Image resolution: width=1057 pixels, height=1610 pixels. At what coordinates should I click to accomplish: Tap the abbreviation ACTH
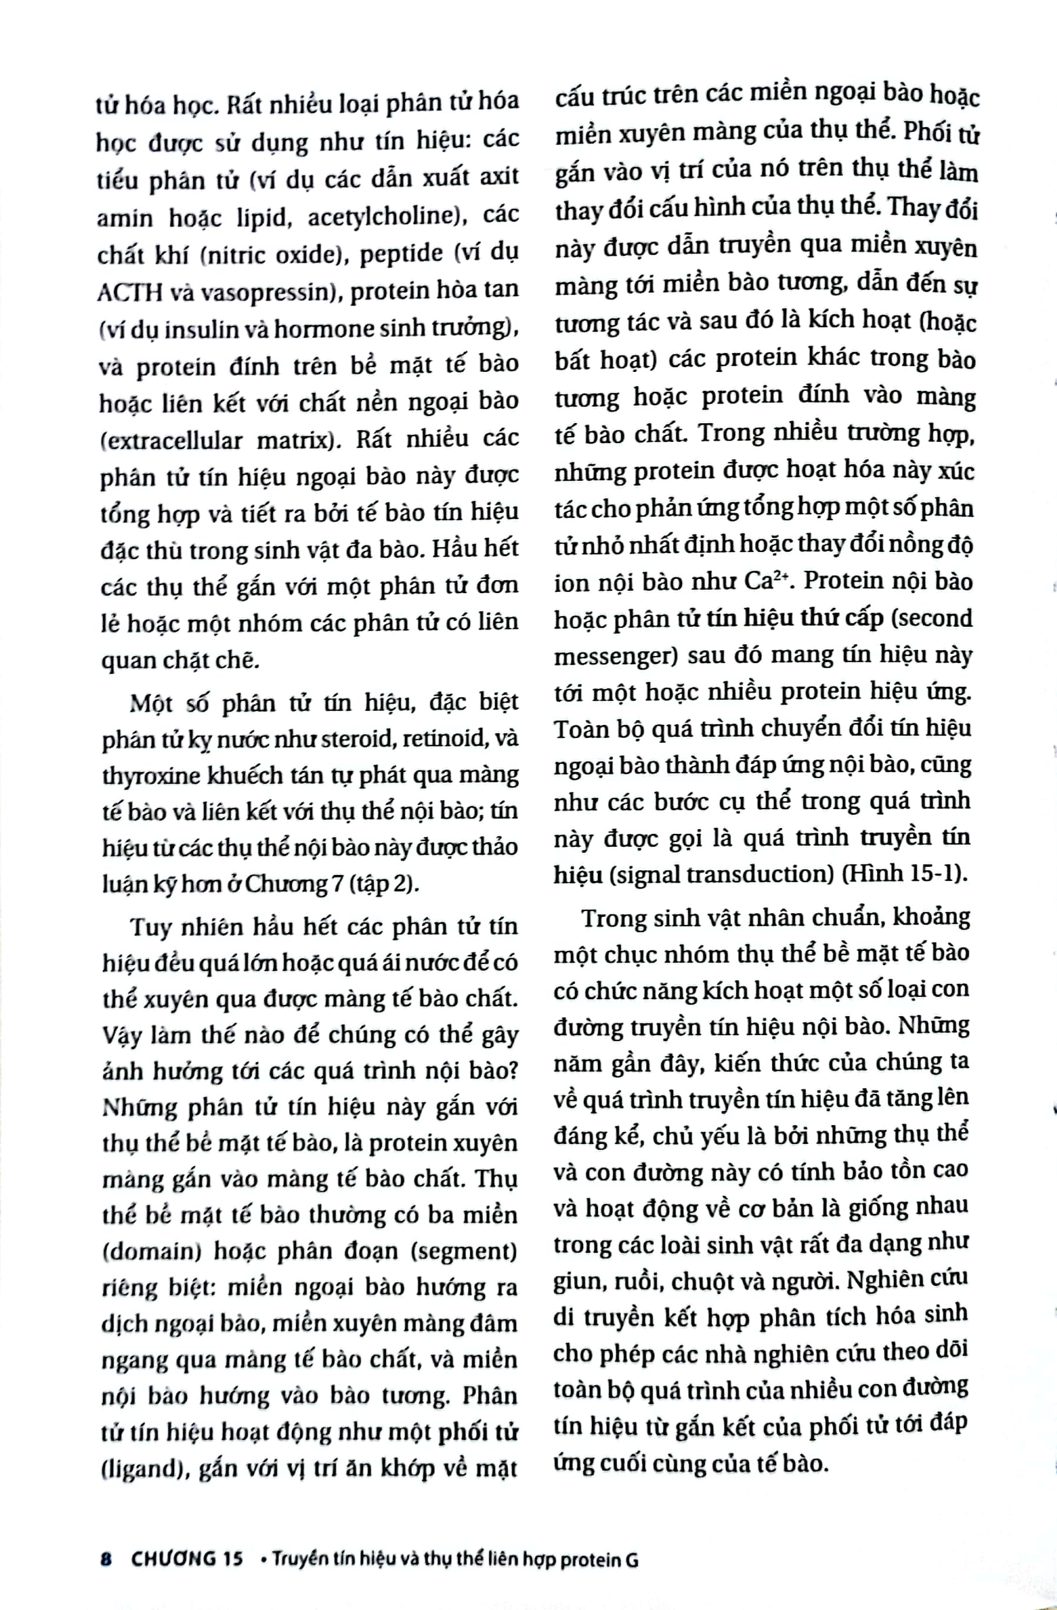pos(130,292)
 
